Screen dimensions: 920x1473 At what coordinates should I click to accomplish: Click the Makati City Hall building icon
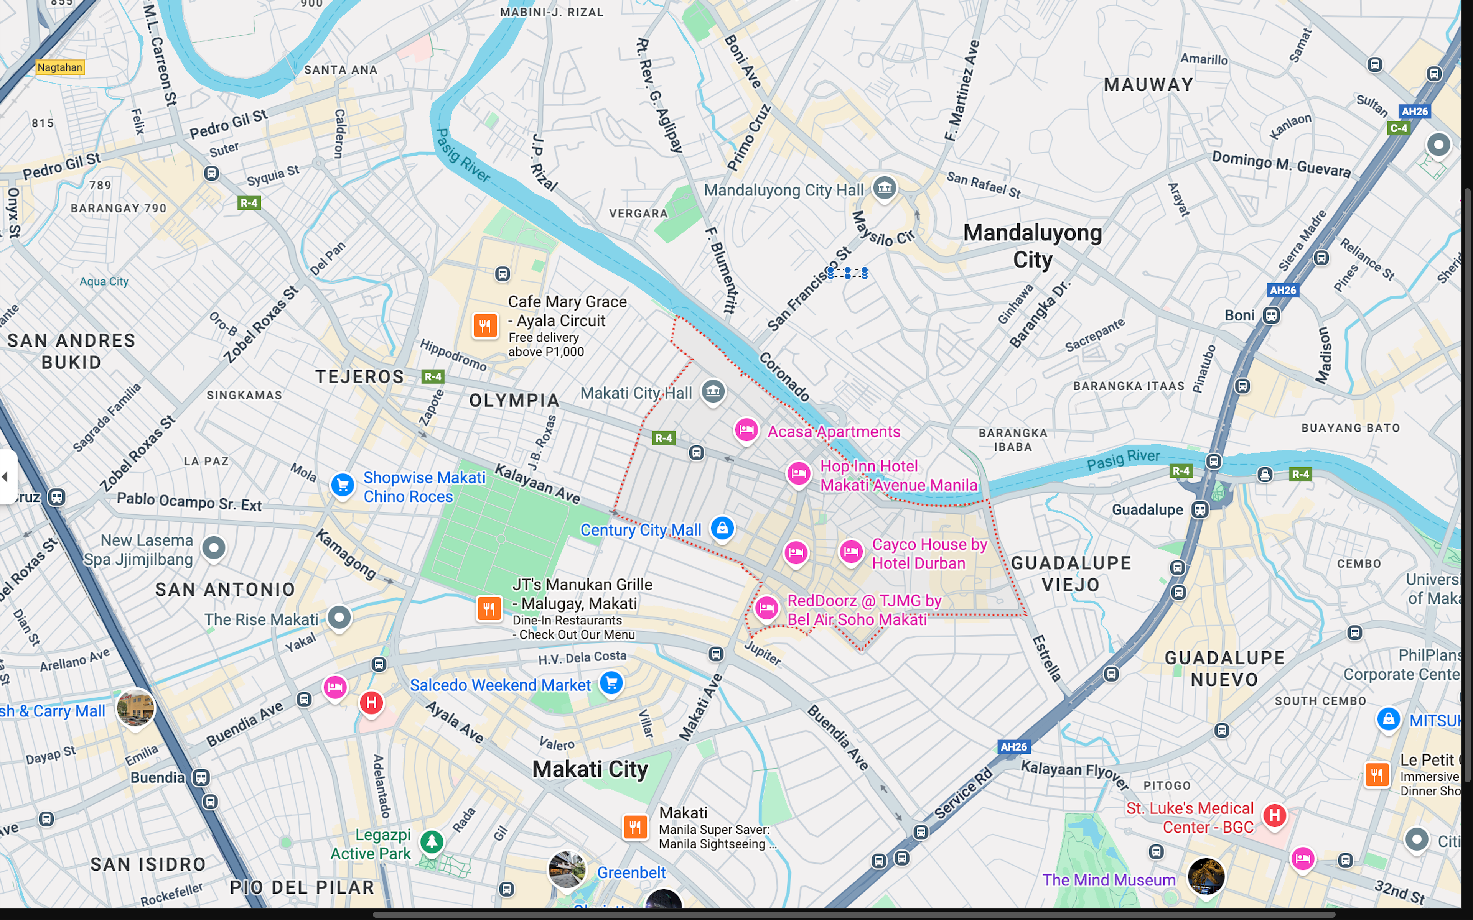[713, 391]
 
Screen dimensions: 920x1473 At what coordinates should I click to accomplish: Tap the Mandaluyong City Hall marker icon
[885, 187]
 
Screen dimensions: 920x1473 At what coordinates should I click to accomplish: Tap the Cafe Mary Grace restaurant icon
[485, 325]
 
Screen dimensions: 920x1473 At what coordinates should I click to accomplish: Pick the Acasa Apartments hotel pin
[746, 430]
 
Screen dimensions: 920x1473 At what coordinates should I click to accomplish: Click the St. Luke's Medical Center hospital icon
[1275, 815]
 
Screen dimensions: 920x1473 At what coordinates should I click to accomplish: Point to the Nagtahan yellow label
[60, 67]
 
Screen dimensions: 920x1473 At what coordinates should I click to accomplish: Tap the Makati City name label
[590, 769]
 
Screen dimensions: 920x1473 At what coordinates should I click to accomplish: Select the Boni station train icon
[1271, 315]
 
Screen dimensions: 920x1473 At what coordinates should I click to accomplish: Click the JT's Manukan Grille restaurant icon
[489, 608]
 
